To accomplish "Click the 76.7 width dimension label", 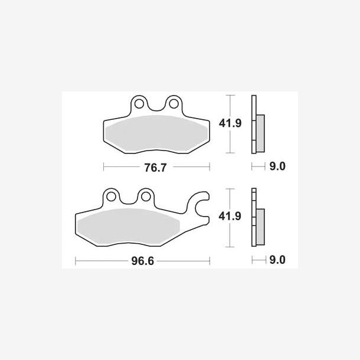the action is (x=155, y=168).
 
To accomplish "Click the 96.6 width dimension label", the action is (x=143, y=261).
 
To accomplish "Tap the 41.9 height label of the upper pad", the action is (x=230, y=123).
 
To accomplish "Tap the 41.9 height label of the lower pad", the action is (x=230, y=216).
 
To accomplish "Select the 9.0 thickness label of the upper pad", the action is (x=277, y=166).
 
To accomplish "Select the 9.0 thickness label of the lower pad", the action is (x=277, y=260).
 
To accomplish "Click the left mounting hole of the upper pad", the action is (x=139, y=104).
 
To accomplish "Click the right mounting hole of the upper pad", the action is (x=174, y=104).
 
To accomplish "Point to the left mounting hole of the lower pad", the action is (x=112, y=197).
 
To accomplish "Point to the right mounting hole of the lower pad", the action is (x=146, y=197).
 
